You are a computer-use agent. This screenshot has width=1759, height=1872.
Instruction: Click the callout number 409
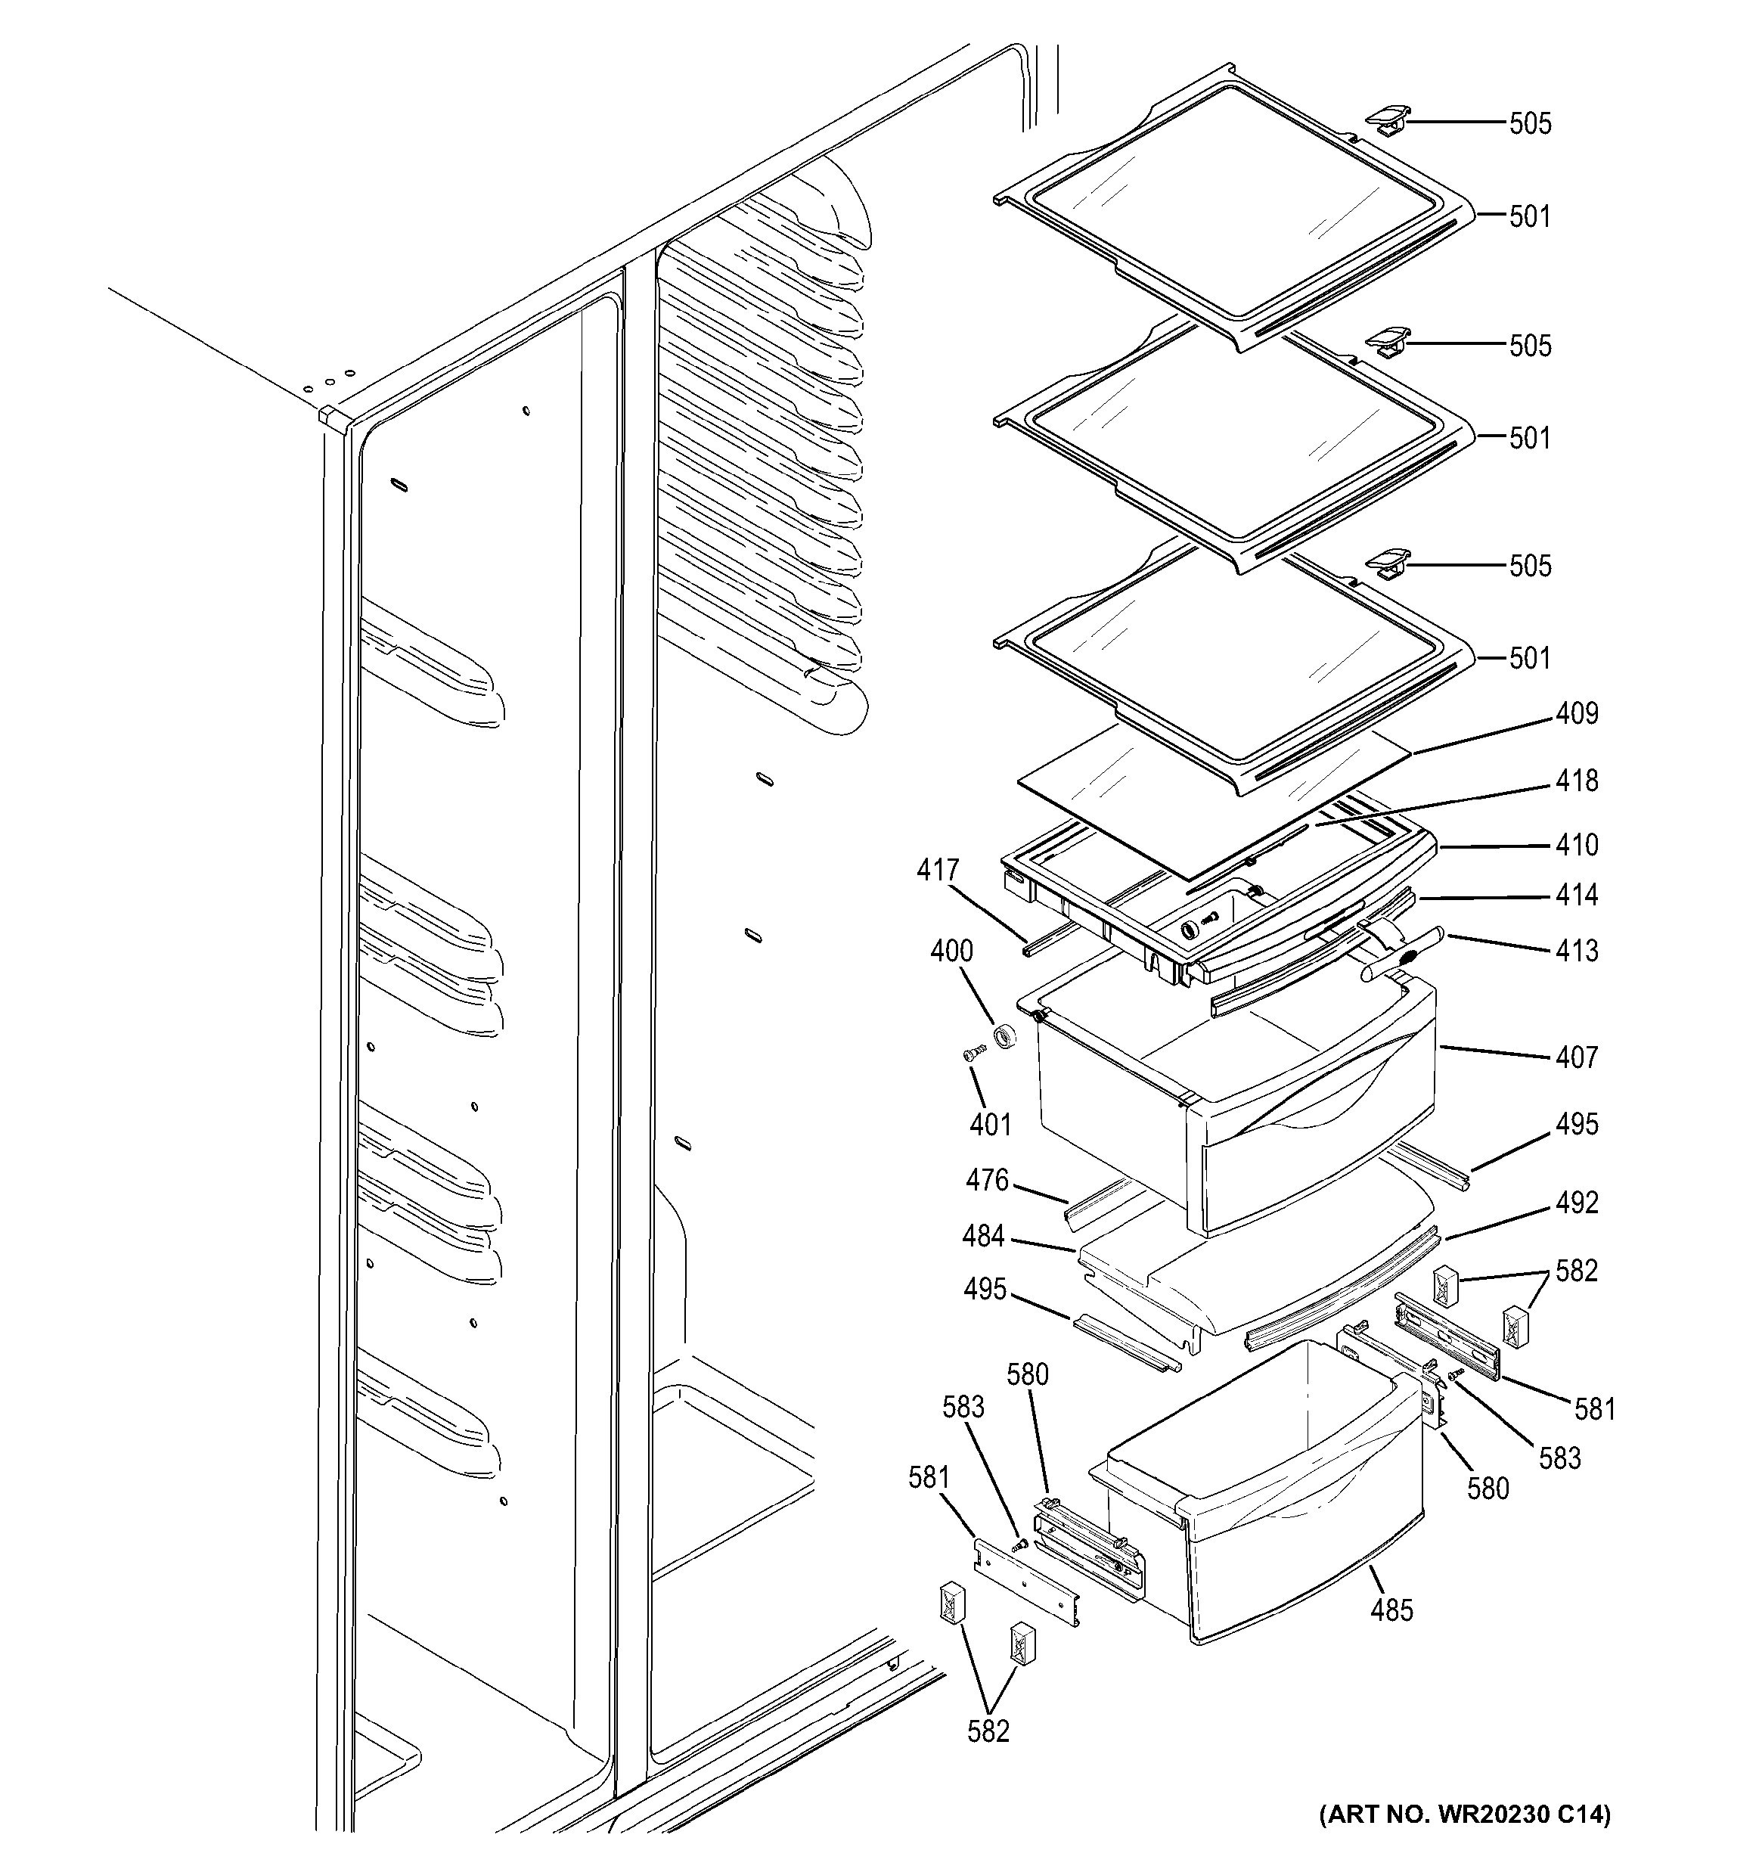point(1576,714)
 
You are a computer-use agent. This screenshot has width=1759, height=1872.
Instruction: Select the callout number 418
point(1576,781)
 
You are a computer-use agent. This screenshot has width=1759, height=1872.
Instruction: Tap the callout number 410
point(1576,845)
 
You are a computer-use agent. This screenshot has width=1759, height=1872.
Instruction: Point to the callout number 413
point(1576,951)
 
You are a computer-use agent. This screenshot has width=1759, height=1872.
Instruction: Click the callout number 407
point(1576,1057)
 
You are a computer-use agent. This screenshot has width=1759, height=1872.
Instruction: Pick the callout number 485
point(1391,1610)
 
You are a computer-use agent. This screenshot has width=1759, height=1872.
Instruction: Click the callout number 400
point(951,951)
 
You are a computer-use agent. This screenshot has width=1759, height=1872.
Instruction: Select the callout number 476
point(987,1181)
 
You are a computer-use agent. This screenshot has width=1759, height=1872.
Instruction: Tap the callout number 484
point(983,1237)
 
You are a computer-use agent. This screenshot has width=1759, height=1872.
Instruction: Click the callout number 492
point(1576,1203)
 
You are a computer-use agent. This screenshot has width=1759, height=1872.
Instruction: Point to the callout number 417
point(938,870)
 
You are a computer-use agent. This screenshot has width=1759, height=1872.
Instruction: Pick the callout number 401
point(990,1125)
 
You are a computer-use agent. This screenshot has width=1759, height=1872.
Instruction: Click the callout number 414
point(1576,895)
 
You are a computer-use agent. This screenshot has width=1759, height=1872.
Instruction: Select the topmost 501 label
point(1529,218)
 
